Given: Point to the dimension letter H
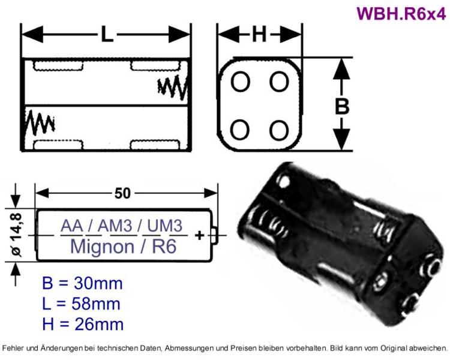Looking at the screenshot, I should [x=259, y=35].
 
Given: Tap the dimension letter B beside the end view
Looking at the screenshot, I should [x=341, y=106].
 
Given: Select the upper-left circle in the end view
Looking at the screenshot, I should [x=241, y=82].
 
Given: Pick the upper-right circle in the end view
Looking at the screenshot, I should [x=279, y=82].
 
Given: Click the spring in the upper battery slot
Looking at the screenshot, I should [x=173, y=88].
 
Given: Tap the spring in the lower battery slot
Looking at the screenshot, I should [x=40, y=123].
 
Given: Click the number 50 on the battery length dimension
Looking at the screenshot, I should [x=122, y=193].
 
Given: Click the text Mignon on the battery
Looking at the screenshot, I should [x=100, y=246].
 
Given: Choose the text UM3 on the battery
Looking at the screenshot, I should [x=163, y=227].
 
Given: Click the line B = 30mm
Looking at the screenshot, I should [x=82, y=283].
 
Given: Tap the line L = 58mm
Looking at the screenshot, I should [x=82, y=304].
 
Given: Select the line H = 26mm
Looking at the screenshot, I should [x=83, y=325].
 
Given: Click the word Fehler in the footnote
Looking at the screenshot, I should [x=14, y=348].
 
